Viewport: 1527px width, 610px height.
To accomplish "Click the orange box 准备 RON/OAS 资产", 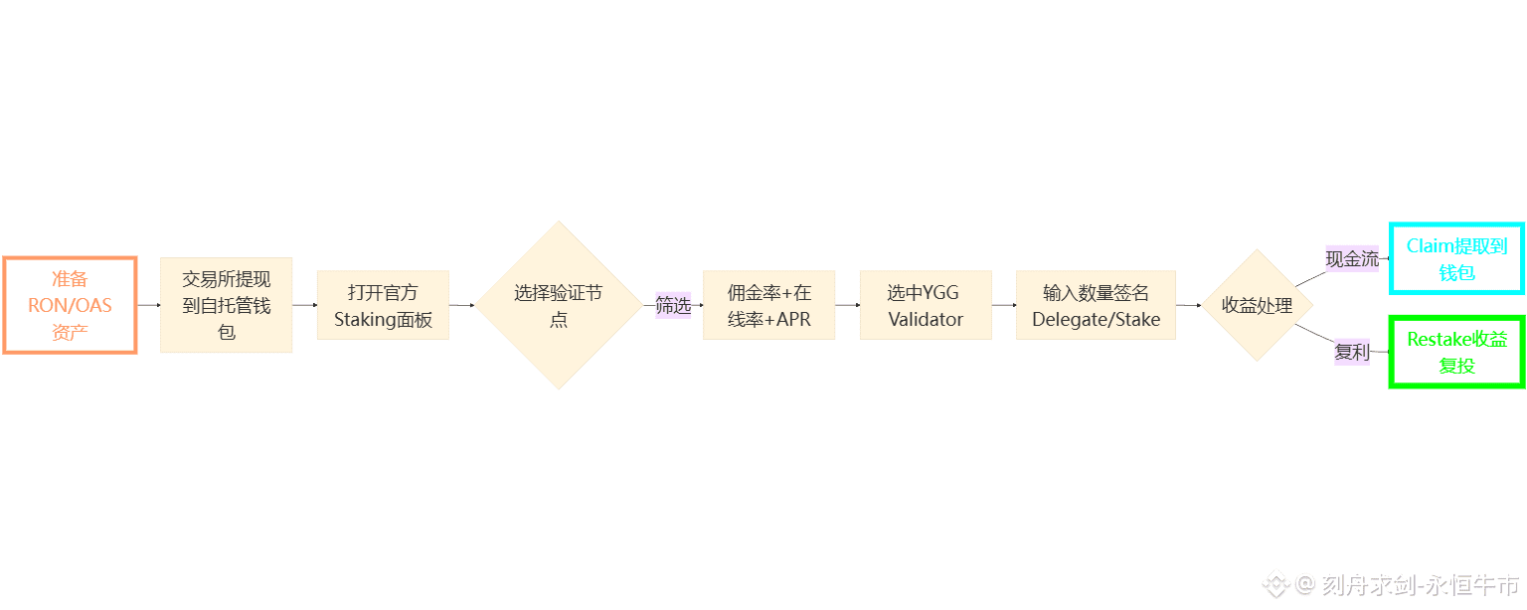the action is pyautogui.click(x=70, y=305).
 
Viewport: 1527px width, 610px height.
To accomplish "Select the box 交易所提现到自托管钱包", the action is pyautogui.click(x=226, y=305).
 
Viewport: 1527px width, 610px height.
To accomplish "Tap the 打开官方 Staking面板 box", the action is pyautogui.click(x=383, y=305).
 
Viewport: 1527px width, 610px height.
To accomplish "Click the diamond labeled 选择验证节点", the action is pyautogui.click(x=558, y=305).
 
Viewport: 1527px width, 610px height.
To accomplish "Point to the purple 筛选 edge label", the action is pyautogui.click(x=673, y=305).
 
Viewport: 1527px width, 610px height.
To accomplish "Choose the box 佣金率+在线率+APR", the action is pyautogui.click(x=768, y=305).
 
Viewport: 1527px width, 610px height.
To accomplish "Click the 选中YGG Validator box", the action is pyautogui.click(x=926, y=305).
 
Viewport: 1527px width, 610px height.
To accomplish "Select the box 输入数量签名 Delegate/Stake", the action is pyautogui.click(x=1096, y=305).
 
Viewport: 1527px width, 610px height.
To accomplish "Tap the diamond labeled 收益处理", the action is pyautogui.click(x=1257, y=305).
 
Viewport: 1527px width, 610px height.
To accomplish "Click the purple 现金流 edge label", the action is pyautogui.click(x=1352, y=259).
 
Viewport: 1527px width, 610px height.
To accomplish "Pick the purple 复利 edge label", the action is pyautogui.click(x=1351, y=352).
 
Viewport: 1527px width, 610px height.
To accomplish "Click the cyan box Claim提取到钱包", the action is pyautogui.click(x=1456, y=258).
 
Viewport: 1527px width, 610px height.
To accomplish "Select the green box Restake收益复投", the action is pyautogui.click(x=1456, y=352).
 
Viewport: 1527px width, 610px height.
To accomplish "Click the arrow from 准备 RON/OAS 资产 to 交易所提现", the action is pyautogui.click(x=148, y=305).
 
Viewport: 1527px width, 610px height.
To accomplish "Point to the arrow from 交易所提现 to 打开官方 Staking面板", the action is pyautogui.click(x=304, y=305).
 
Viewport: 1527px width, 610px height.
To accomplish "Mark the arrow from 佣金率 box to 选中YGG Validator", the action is pyautogui.click(x=847, y=305).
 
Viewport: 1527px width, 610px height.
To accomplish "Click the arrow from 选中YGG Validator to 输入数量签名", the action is pyautogui.click(x=1003, y=305).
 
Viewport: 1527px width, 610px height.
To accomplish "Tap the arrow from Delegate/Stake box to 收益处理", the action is pyautogui.click(x=1188, y=305).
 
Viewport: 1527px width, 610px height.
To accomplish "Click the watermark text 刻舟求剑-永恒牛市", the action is pyautogui.click(x=1421, y=584).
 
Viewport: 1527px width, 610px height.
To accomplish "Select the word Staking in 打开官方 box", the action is pyautogui.click(x=366, y=320).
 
